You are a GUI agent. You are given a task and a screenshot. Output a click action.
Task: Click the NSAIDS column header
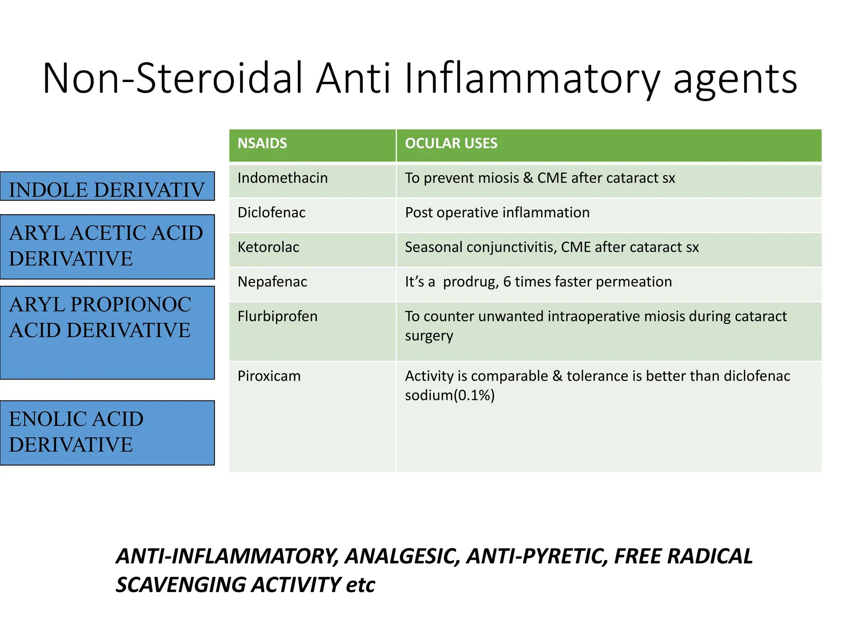262,144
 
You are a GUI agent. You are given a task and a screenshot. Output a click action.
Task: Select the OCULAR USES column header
451,144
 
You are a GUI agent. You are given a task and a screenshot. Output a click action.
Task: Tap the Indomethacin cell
282,178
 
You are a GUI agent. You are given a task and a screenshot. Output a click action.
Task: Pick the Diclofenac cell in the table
271,213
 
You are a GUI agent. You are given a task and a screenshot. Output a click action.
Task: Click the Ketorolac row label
268,247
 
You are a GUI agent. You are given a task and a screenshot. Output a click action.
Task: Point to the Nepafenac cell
272,282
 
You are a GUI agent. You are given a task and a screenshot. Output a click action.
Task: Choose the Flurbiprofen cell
277,317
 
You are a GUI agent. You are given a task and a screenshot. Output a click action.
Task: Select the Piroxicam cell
269,376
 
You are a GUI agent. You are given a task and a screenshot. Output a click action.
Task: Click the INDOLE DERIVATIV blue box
107,187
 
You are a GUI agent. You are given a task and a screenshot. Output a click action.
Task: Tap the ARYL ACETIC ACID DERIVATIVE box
107,247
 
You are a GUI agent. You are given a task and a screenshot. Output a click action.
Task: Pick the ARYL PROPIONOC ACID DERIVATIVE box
107,333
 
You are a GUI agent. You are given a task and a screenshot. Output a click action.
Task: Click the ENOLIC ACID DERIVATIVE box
107,433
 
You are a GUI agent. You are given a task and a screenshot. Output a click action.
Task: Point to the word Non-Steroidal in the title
172,79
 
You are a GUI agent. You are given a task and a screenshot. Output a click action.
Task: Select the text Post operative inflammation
497,213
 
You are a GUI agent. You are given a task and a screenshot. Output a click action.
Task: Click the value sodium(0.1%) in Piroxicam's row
450,395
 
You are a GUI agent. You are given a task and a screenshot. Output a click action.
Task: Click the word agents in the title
735,79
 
